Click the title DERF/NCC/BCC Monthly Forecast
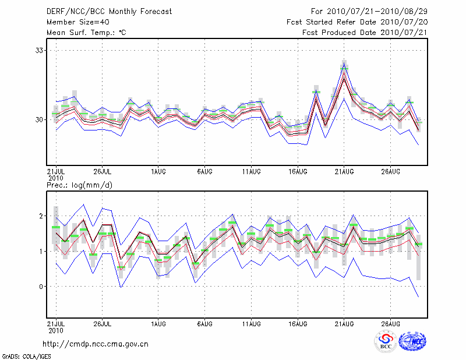pyautogui.click(x=109, y=12)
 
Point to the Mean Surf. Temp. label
pyautogui.click(x=86, y=33)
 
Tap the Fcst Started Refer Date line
pyautogui.click(x=357, y=22)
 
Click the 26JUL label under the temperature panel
pyautogui.click(x=102, y=172)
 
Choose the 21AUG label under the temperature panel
pyautogui.click(x=344, y=172)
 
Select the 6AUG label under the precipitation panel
pyautogui.click(x=204, y=323)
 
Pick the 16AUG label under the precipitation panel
pyautogui.click(x=297, y=323)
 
